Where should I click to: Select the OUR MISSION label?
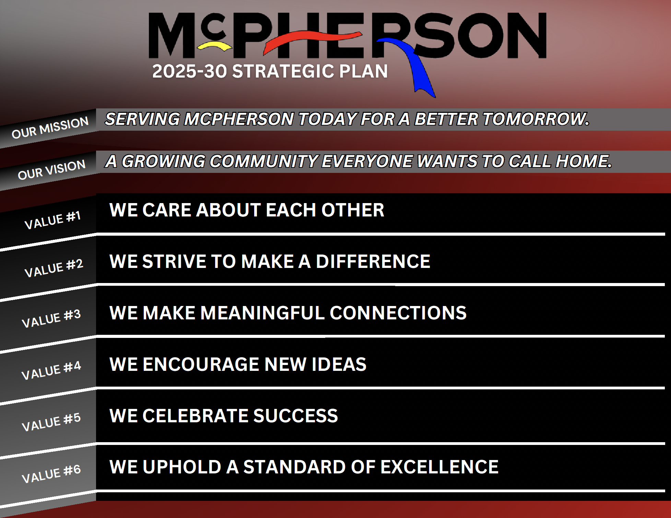pyautogui.click(x=50, y=127)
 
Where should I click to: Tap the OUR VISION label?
pyautogui.click(x=51, y=169)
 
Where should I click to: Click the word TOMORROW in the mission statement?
pyautogui.click(x=536, y=119)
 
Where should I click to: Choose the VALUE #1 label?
pyautogui.click(x=52, y=220)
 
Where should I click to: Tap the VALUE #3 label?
pyautogui.click(x=51, y=318)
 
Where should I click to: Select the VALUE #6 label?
pyautogui.click(x=51, y=473)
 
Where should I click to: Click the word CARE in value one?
pyautogui.click(x=166, y=210)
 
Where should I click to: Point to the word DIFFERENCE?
pyautogui.click(x=373, y=261)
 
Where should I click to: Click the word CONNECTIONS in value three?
pyautogui.click(x=398, y=313)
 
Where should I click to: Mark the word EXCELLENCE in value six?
pyautogui.click(x=439, y=467)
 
